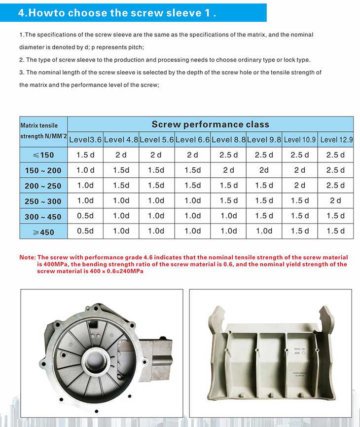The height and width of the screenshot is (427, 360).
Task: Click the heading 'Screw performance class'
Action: coord(210,124)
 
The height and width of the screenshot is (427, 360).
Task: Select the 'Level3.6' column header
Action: coord(85,140)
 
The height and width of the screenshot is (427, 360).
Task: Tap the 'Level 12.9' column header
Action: coord(336,140)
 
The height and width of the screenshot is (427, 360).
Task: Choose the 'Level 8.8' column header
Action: coord(228,140)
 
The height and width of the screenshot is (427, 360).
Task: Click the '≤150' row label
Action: coord(43,155)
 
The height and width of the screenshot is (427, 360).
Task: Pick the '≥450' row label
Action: coord(43,232)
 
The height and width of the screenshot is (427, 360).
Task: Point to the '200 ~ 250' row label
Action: coord(43,186)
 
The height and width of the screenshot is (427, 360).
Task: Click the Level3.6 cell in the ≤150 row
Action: coord(85,155)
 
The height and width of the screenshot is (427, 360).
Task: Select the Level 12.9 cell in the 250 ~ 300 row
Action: coord(336,200)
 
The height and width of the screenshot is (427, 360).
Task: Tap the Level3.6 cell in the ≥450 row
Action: coord(85,231)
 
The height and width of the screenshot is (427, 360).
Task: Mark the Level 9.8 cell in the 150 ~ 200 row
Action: coord(264,170)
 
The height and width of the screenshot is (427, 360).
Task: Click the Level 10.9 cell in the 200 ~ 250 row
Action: coord(300,186)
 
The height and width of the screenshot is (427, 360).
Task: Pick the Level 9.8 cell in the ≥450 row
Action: coord(264,231)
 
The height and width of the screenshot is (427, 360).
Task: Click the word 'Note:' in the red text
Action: coord(27,258)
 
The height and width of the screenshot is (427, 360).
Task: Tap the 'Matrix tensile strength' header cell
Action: coord(43,131)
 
